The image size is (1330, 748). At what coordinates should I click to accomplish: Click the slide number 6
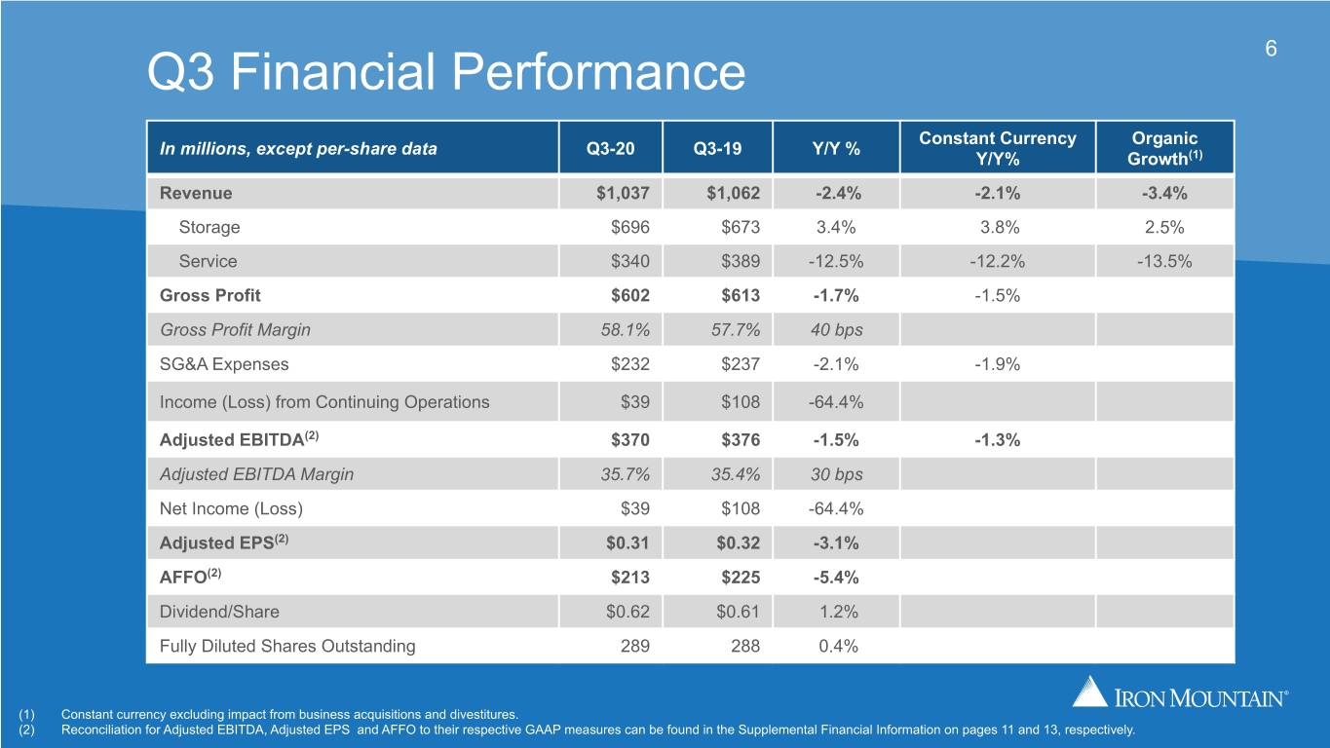1271,48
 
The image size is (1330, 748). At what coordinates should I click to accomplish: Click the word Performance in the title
598,72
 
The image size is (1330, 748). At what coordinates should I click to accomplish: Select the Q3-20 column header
610,148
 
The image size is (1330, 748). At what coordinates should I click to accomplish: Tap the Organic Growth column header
1165,148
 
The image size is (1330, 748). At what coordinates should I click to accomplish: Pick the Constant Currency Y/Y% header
998,148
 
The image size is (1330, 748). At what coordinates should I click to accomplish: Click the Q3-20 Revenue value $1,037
623,193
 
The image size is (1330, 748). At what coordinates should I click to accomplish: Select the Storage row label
209,227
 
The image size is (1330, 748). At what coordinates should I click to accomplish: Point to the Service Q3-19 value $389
741,261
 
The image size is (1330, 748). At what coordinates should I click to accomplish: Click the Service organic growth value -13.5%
1164,261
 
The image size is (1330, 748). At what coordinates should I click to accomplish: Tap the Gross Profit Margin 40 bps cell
837,329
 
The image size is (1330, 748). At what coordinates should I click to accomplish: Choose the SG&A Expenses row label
224,364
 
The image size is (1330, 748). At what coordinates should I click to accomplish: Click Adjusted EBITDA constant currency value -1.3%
998,440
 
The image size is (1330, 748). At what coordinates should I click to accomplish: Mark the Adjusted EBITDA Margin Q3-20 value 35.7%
626,474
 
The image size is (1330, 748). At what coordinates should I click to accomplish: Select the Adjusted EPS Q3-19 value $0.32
738,542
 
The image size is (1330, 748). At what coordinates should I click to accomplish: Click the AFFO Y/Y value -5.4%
836,577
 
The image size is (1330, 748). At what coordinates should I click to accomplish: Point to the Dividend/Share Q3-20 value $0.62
627,612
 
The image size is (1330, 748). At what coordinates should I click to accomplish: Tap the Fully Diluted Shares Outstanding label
287,646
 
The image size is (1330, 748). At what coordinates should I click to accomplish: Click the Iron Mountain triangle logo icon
1089,691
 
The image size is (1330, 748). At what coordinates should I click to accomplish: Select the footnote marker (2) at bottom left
26,729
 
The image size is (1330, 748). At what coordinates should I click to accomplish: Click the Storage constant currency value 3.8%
1000,227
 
